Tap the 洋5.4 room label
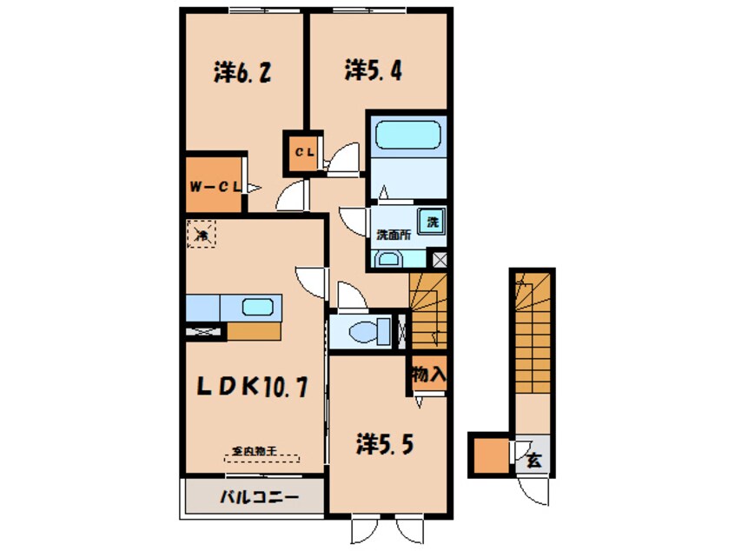373,70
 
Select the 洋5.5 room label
383,444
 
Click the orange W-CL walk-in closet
213,186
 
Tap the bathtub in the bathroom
407,136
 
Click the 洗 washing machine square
432,222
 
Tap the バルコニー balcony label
258,498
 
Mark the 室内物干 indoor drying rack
261,454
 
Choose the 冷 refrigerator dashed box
202,235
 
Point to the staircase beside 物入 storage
427,313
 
